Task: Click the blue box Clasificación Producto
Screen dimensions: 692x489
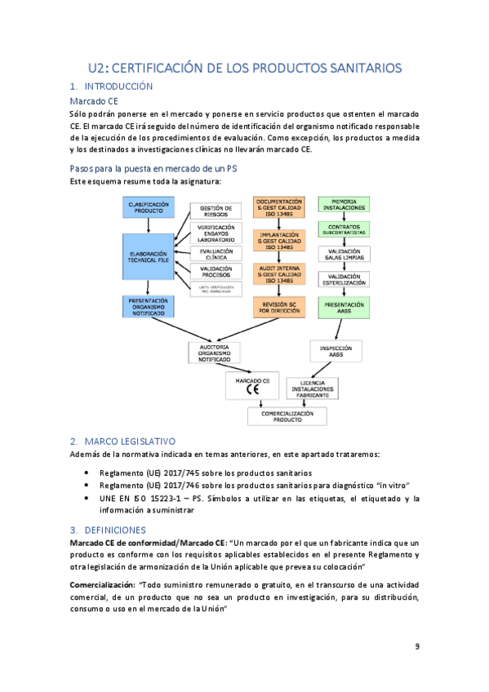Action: pos(149,206)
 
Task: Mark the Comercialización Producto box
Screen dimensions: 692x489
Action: pos(291,416)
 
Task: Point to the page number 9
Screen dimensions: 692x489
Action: pos(417,647)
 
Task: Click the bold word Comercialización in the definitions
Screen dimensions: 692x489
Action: pos(103,584)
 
